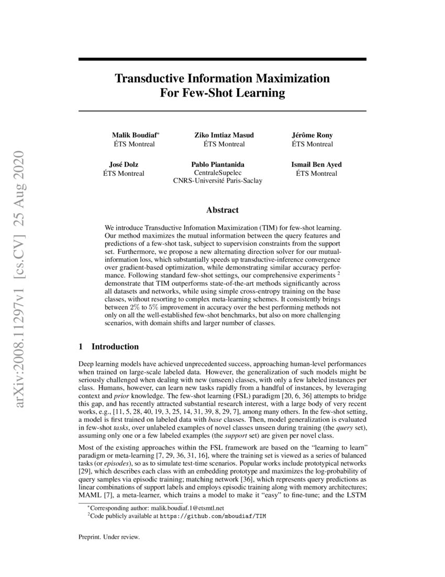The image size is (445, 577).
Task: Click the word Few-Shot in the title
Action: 202,94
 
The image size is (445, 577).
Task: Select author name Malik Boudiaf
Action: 133,135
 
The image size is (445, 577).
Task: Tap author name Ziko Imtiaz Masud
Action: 224,135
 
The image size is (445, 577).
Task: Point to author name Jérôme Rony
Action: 312,135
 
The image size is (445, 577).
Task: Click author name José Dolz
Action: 124,165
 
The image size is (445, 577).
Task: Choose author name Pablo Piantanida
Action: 218,165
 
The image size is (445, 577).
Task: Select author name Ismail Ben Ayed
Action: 316,165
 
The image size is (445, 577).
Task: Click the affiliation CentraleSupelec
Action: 218,173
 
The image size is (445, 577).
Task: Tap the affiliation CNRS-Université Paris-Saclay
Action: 218,181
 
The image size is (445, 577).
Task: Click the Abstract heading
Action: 222,210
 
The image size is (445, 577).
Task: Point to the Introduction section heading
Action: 115,347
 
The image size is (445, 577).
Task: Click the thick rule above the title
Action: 222,60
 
